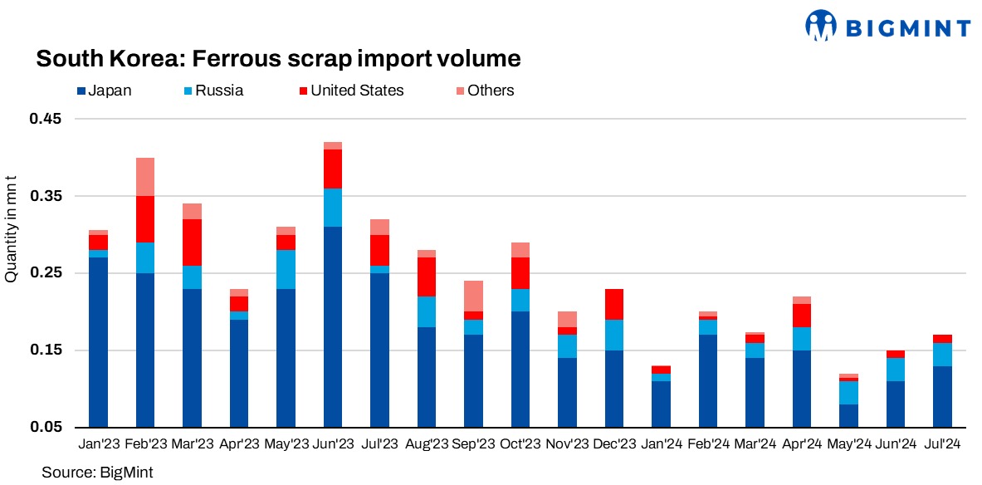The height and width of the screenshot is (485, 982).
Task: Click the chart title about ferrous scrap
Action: click(x=278, y=59)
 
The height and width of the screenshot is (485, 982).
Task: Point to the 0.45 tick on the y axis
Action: click(x=46, y=119)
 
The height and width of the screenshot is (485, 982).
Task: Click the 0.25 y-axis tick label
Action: click(x=46, y=273)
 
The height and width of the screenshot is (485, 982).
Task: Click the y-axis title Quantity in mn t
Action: click(x=12, y=228)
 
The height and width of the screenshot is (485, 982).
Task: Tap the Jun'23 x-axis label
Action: click(x=333, y=445)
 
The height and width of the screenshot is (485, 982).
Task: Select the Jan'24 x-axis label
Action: click(x=661, y=445)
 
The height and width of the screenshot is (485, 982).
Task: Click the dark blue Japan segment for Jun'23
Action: click(x=333, y=326)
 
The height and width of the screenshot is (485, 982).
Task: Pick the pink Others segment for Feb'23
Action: click(x=145, y=177)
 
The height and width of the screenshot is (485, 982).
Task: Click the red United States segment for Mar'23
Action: click(x=193, y=242)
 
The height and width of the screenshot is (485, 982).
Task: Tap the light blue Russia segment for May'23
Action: click(x=286, y=269)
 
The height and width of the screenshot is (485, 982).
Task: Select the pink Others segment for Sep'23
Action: click(x=474, y=296)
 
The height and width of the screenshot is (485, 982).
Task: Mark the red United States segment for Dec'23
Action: click(x=614, y=304)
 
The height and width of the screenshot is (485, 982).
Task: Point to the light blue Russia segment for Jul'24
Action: click(x=942, y=355)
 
